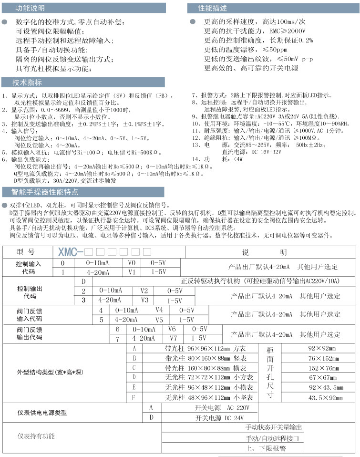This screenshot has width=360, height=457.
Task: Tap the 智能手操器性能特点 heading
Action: [x=45, y=192]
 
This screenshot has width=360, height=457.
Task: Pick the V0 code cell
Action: [x=132, y=262]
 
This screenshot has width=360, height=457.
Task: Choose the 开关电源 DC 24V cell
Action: [x=222, y=418]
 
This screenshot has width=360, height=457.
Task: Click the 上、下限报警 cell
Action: [x=266, y=448]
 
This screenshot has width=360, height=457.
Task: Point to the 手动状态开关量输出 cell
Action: [x=273, y=427]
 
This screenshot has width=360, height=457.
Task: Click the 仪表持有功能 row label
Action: [x=36, y=436]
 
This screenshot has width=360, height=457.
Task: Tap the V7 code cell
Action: [x=173, y=338]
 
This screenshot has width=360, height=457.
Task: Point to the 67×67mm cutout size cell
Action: [x=322, y=377]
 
